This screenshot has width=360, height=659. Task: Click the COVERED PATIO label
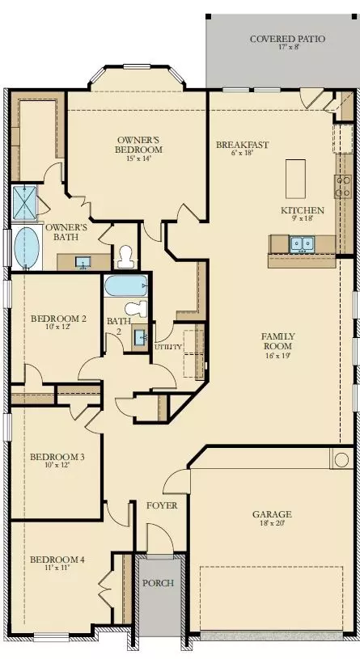point(282,39)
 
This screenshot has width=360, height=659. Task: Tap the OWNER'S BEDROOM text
point(139,144)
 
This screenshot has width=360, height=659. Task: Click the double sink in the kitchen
point(303,243)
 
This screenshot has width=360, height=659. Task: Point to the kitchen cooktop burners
point(343,188)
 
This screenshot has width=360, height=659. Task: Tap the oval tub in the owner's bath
point(27,247)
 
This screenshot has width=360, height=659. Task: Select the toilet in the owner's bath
point(125,257)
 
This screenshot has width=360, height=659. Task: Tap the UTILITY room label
point(168,347)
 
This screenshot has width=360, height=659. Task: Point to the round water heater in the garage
point(340,459)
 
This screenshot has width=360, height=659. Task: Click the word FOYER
point(161,506)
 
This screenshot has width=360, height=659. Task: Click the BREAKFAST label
point(242,146)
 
